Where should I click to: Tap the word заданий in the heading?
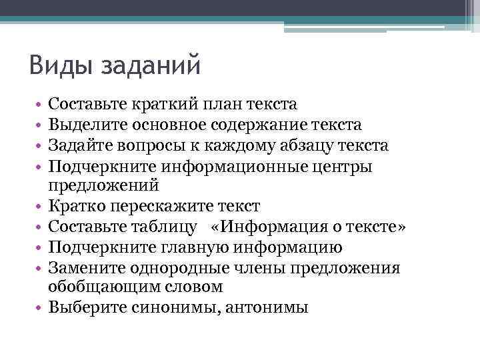[150, 67]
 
